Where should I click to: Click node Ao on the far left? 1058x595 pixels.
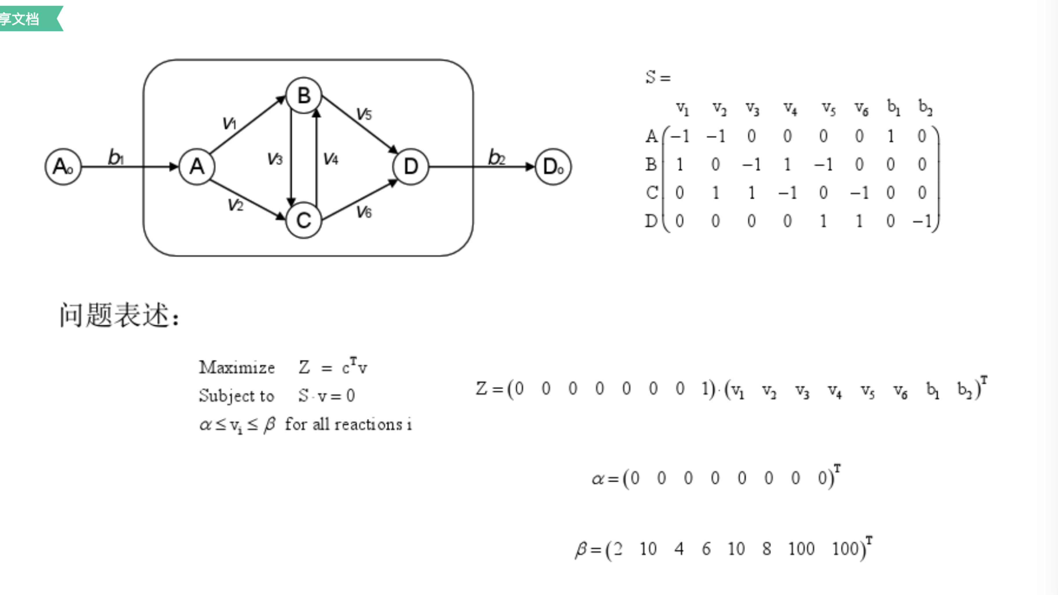coord(63,167)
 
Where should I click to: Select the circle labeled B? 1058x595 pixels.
coord(304,95)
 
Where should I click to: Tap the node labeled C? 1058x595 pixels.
coord(304,221)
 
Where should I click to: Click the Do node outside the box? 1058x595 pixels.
coord(553,167)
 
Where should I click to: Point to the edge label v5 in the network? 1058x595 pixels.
coord(364,114)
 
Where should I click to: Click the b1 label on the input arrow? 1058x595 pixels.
coord(116,157)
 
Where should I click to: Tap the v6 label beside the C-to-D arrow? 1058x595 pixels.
coord(364,212)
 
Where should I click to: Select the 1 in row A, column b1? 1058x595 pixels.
coord(890,136)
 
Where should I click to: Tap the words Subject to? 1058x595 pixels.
coord(236,396)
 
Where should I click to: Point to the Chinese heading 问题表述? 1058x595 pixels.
coord(119,315)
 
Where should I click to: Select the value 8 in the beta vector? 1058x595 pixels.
coord(766,549)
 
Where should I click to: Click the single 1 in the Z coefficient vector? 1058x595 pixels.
coord(706,388)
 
